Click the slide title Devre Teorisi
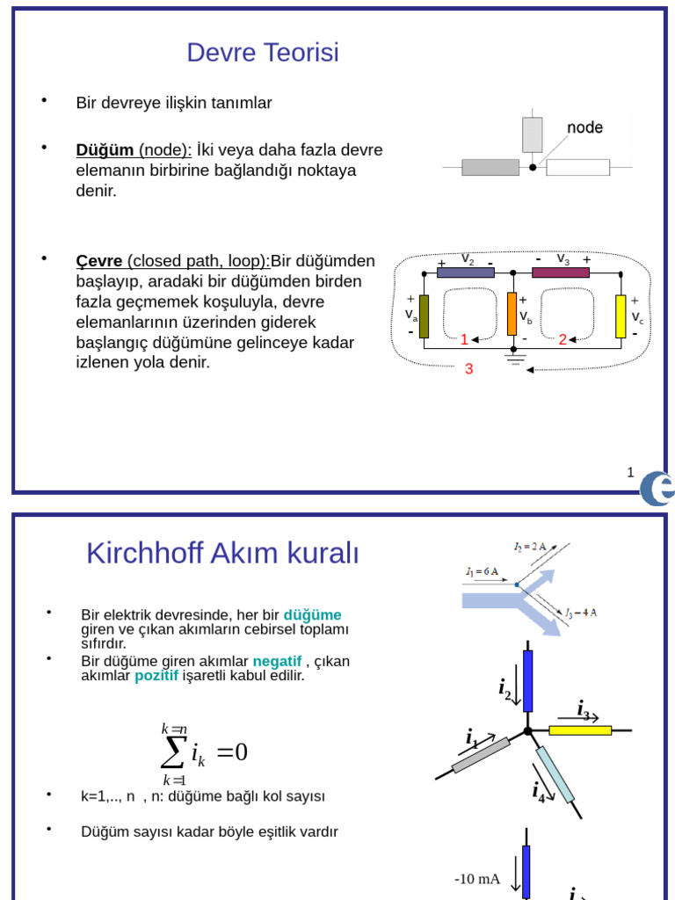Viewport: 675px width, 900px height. (x=263, y=54)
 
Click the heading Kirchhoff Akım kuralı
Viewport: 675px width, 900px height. (x=222, y=554)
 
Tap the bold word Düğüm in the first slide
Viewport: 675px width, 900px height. (x=105, y=150)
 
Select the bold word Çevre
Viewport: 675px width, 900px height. (x=99, y=261)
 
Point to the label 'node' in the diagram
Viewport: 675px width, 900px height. (x=584, y=127)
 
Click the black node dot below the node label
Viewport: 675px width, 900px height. (x=533, y=166)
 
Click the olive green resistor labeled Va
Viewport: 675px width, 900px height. (x=425, y=316)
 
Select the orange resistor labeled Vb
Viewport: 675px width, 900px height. (x=512, y=314)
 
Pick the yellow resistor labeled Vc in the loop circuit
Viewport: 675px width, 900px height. (x=621, y=316)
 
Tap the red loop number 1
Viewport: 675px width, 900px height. (x=464, y=339)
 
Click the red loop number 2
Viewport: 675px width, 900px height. (x=562, y=339)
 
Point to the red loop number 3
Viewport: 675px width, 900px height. (x=468, y=369)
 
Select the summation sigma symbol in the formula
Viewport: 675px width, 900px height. (x=174, y=752)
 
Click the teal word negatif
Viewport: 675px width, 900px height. (x=277, y=661)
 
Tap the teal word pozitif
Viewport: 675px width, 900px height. (x=156, y=676)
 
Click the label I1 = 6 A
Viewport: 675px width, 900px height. (x=483, y=571)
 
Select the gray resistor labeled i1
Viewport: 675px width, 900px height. (x=481, y=755)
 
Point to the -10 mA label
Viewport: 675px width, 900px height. (x=477, y=879)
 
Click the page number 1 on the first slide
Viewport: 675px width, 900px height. (x=630, y=473)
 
